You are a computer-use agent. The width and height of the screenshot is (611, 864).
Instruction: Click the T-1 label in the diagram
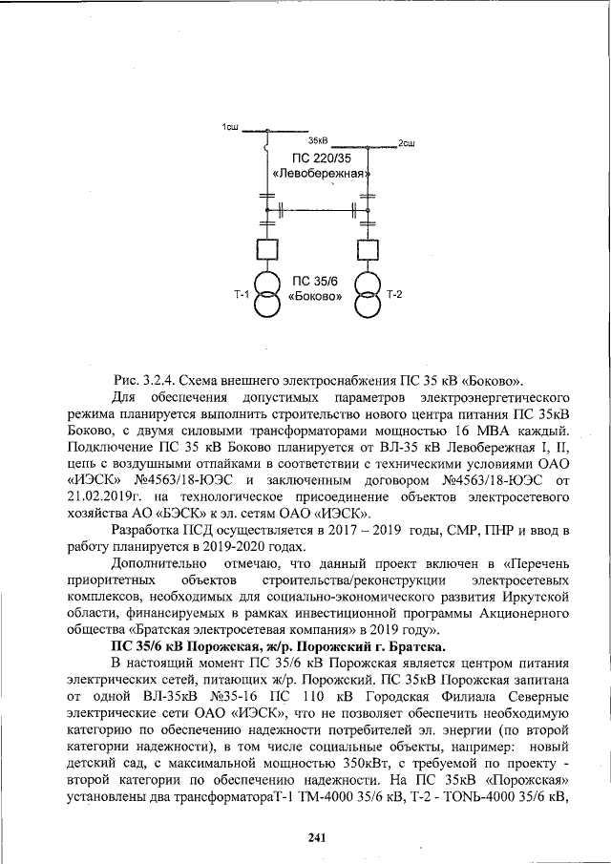(241, 295)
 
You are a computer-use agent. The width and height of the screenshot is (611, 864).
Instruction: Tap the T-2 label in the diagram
(394, 294)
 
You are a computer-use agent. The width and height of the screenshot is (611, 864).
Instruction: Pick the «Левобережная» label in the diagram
(321, 174)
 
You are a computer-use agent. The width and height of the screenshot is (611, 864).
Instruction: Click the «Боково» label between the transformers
(316, 297)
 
